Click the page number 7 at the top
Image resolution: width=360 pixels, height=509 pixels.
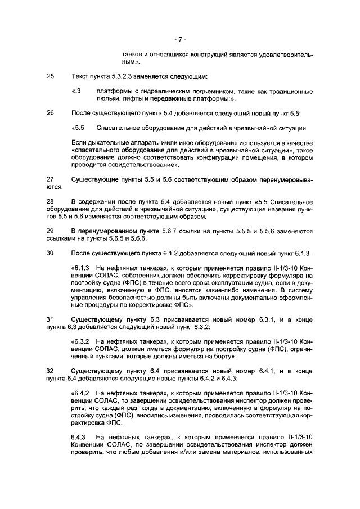point(179,39)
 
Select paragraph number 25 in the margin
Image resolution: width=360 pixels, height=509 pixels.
point(50,76)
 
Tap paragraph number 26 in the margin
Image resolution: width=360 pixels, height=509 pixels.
point(50,113)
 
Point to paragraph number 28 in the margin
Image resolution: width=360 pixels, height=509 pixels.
point(50,201)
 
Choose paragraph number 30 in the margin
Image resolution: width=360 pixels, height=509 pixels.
point(50,253)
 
